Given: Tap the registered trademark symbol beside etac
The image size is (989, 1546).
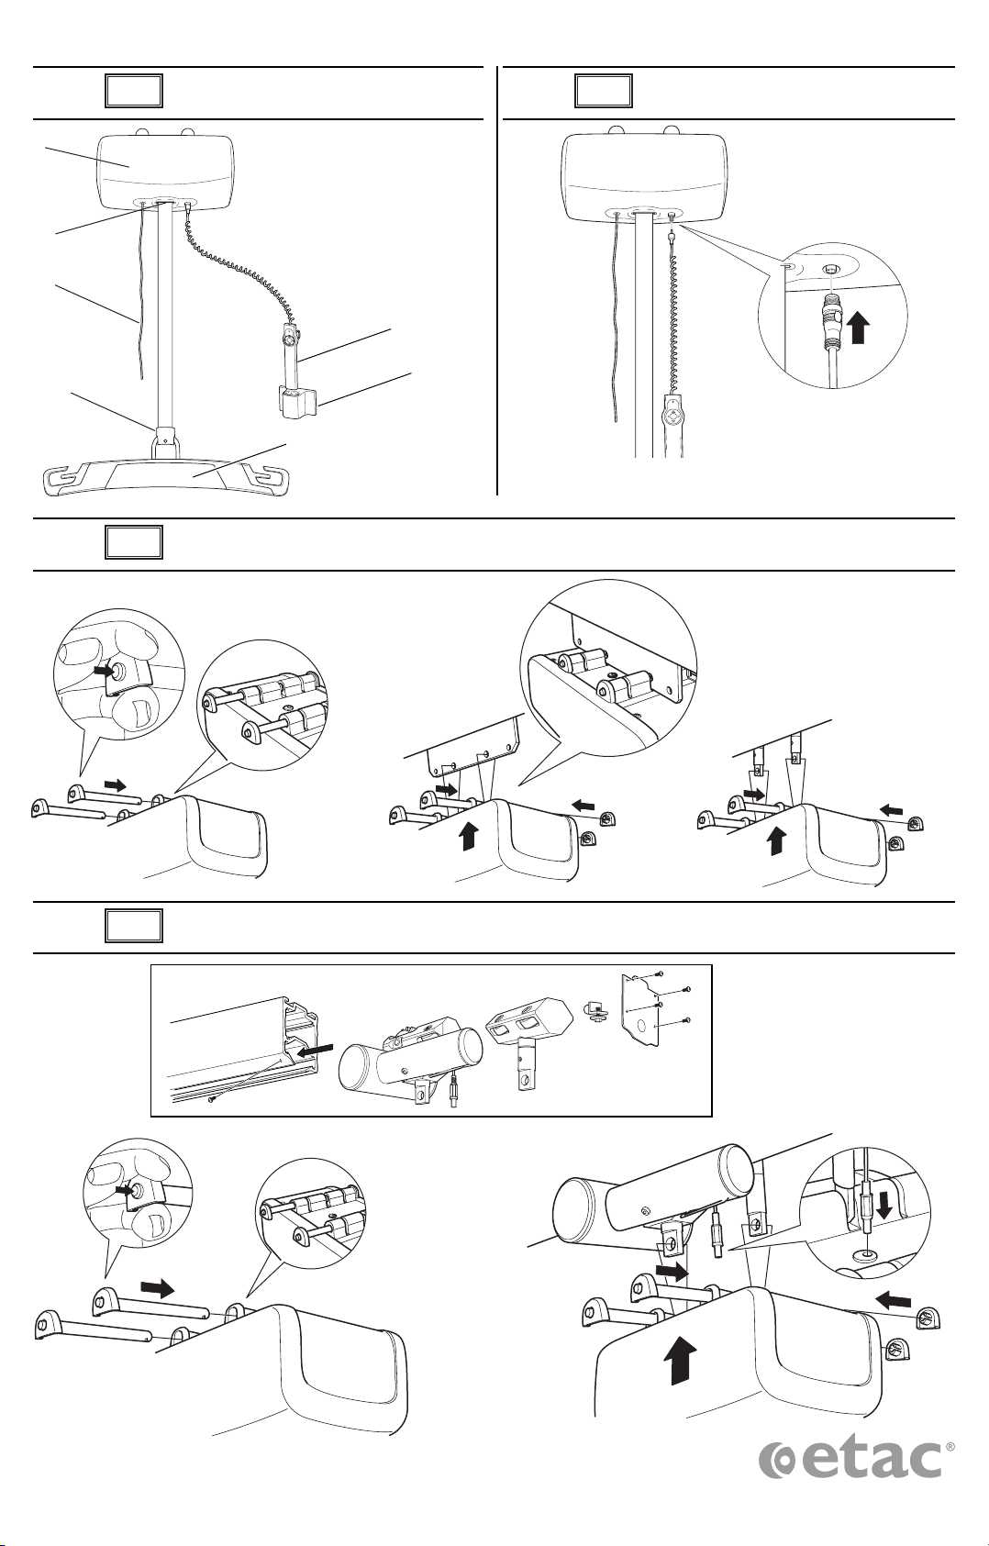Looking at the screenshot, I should [x=949, y=1447].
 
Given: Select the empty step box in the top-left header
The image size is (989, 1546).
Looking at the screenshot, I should [x=133, y=92].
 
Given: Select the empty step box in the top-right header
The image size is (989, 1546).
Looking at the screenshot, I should [x=603, y=92].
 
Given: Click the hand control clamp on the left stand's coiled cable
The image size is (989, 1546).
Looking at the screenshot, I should [x=296, y=401].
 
